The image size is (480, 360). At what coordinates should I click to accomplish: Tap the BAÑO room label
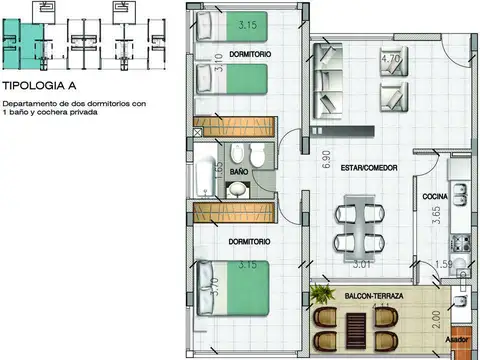click(239, 172)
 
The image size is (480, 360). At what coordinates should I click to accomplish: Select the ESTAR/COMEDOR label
click(355, 167)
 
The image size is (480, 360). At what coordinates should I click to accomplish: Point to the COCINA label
click(435, 196)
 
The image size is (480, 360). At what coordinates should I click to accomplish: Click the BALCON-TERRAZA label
click(373, 297)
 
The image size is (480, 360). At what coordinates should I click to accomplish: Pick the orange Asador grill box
click(461, 340)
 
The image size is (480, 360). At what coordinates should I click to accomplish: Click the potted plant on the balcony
click(323, 294)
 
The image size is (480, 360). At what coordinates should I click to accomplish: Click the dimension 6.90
click(297, 158)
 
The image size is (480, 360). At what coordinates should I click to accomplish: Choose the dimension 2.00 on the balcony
click(435, 320)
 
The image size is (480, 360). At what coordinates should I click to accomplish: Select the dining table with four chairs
click(357, 227)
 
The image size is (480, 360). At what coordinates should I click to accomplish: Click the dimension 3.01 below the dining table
click(362, 265)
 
